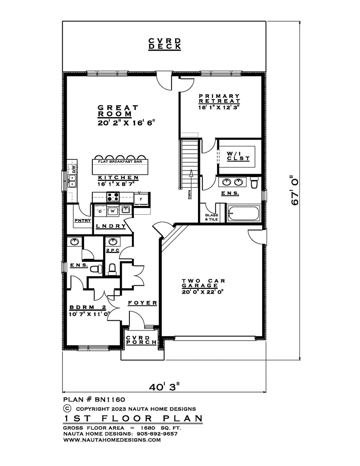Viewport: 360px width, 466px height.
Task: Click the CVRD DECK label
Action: point(165,44)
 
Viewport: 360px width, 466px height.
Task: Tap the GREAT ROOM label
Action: point(118,111)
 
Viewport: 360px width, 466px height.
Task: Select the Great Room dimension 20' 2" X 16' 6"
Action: point(126,123)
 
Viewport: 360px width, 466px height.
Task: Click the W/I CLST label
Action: point(238,156)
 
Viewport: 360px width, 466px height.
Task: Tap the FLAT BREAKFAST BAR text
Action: point(120,161)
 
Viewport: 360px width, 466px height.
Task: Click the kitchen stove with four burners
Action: point(113,197)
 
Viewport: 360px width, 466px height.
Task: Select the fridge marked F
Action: point(141,199)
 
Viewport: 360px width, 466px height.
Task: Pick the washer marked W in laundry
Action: point(113,211)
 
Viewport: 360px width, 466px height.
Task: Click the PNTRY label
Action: point(82,220)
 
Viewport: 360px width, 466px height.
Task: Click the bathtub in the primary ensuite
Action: point(244,213)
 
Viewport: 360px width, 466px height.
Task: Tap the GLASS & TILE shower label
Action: point(211,217)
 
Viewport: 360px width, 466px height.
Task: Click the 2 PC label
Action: point(113,250)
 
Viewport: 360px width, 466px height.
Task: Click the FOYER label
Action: point(142,303)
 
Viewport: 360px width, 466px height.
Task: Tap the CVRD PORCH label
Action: point(141,340)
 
